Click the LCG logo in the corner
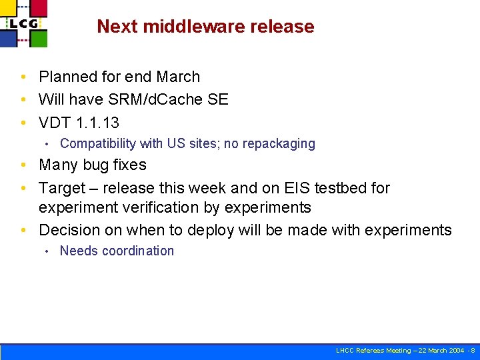tap(24, 23)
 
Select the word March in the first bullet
tap(177, 77)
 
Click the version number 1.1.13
tap(98, 123)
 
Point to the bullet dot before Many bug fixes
tap(23, 165)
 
